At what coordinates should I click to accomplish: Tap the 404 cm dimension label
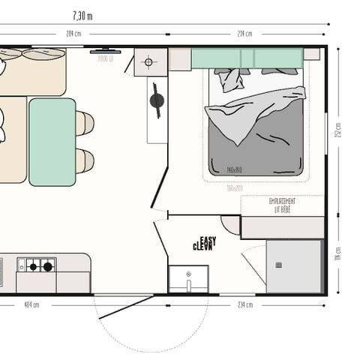pyautogui.click(x=31, y=305)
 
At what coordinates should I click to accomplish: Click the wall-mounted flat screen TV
pyautogui.click(x=100, y=52)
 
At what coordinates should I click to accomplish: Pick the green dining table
pyautogui.click(x=52, y=142)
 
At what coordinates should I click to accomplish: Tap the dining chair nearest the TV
pyautogui.click(x=85, y=122)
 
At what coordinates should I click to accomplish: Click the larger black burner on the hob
pyautogui.click(x=48, y=265)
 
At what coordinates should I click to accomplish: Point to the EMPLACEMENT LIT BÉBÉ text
pyautogui.click(x=282, y=205)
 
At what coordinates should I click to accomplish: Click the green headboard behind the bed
pyautogui.click(x=247, y=58)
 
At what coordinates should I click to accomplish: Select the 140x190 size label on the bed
pyautogui.click(x=235, y=170)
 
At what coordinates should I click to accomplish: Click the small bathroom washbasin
pyautogui.click(x=188, y=277)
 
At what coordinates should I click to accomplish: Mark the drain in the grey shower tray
pyautogui.click(x=279, y=264)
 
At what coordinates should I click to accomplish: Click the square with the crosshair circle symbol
pyautogui.click(x=148, y=61)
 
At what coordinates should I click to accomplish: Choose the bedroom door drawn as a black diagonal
pyautogui.click(x=159, y=188)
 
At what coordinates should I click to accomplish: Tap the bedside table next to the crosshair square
pyautogui.click(x=180, y=59)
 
